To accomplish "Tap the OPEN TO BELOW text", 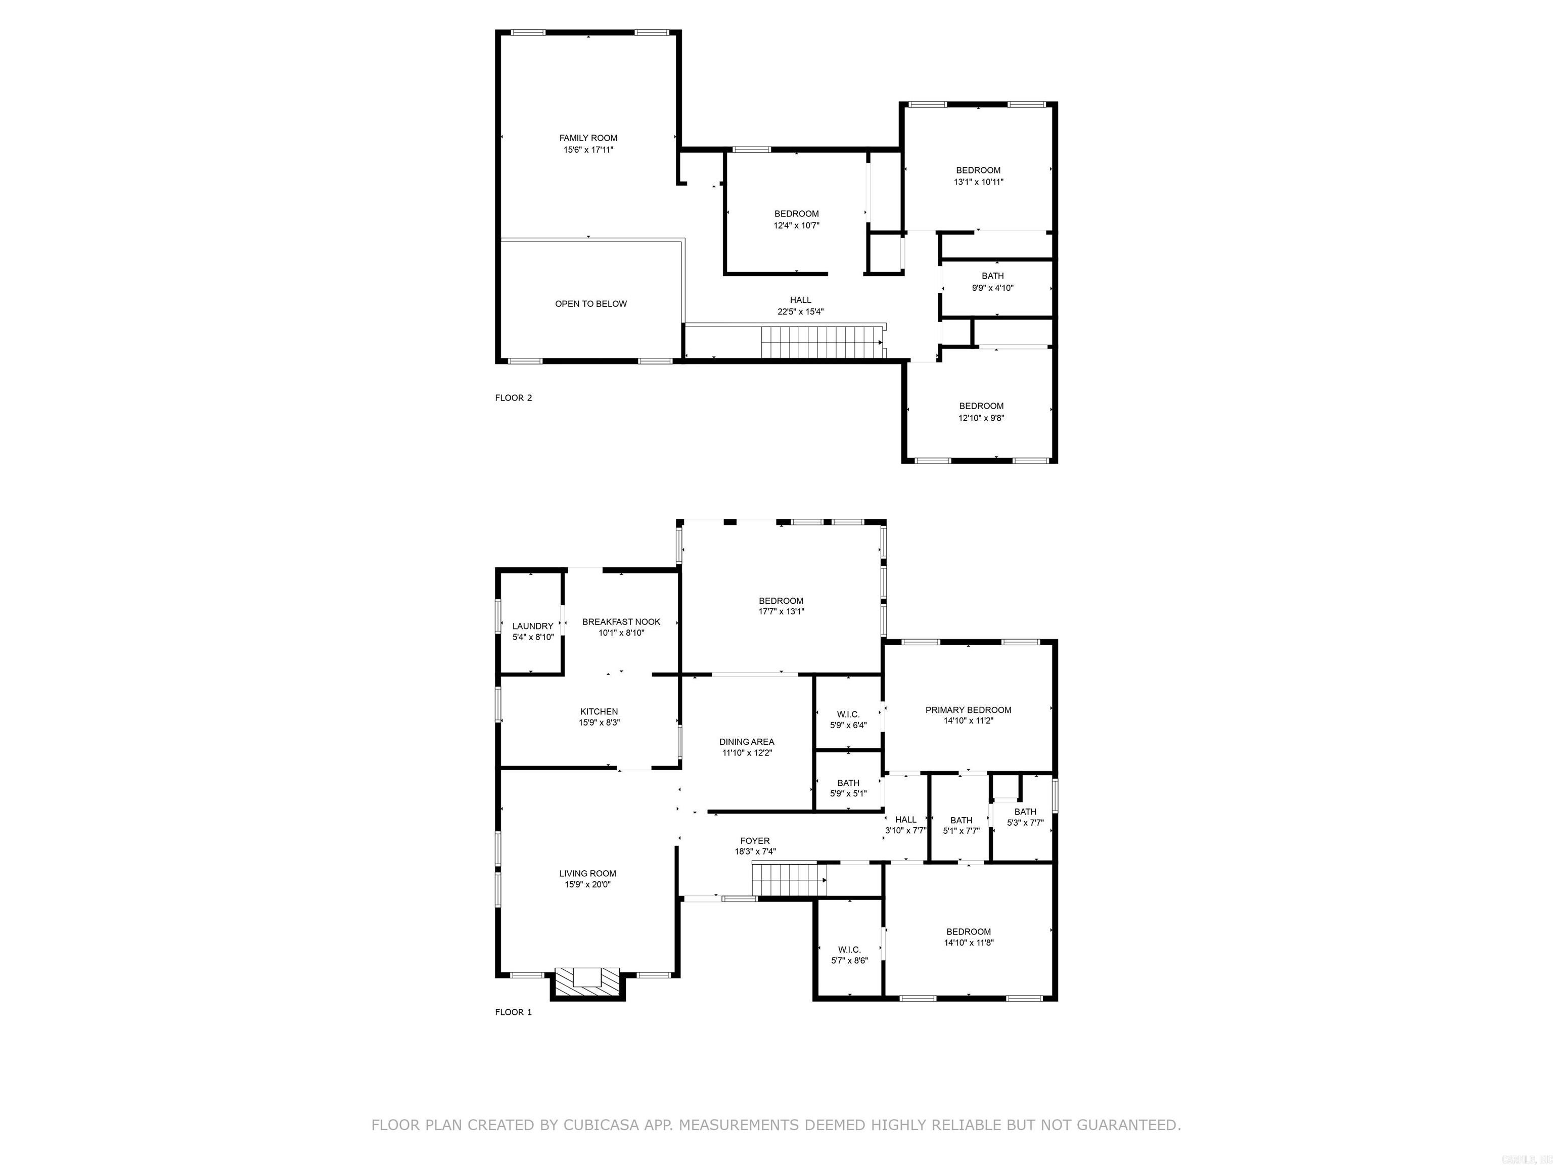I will point(590,304).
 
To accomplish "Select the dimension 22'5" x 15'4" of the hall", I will point(800,312).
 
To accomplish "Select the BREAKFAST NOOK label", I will point(621,622).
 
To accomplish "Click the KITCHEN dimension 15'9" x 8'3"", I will point(599,723).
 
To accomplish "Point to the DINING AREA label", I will point(746,742).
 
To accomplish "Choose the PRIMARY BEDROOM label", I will point(968,710).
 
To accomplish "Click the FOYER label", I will point(755,840).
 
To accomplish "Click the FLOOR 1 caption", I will point(513,1012).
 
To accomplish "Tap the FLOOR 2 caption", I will point(513,398).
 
